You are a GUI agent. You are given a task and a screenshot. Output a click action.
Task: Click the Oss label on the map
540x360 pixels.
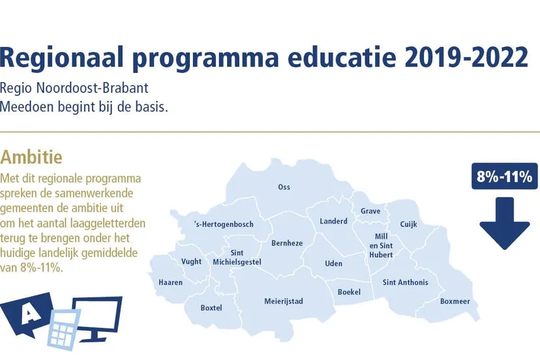pos(284,187)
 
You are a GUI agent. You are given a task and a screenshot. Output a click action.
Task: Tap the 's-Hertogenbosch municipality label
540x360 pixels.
pos(224,224)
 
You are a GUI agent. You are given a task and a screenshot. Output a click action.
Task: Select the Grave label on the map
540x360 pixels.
pos(370,211)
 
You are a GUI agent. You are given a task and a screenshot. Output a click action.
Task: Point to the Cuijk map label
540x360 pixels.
pos(408,224)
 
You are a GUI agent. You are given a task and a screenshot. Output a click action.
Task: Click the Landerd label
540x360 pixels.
pos(333,221)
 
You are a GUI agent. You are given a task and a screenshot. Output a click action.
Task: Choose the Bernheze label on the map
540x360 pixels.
pos(287,243)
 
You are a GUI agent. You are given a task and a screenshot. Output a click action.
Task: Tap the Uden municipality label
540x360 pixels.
pos(333,263)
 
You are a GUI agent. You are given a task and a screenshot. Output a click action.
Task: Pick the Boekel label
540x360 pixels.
pos(349,292)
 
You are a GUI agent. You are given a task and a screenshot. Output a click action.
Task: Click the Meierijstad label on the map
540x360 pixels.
pos(284,301)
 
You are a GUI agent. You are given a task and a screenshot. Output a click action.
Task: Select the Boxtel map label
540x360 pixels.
pos(211,308)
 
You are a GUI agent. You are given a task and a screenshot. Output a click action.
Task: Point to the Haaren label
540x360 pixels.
pos(170,282)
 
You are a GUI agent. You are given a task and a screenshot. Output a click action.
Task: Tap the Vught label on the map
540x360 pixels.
pos(191,262)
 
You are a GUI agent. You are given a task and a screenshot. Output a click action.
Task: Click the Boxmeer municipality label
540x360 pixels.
pos(455,301)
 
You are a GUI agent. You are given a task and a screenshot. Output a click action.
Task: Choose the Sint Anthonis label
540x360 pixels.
pos(406,282)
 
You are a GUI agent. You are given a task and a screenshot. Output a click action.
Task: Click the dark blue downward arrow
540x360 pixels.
pos(505,223)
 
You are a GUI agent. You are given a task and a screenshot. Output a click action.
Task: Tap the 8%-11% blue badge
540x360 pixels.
pos(505,176)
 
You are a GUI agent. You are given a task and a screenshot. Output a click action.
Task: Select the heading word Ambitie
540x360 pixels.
pos(31,157)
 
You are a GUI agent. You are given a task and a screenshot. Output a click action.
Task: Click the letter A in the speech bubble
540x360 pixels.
pos(29,314)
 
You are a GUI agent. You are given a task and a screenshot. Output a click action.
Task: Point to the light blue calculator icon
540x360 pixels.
pos(65,329)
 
